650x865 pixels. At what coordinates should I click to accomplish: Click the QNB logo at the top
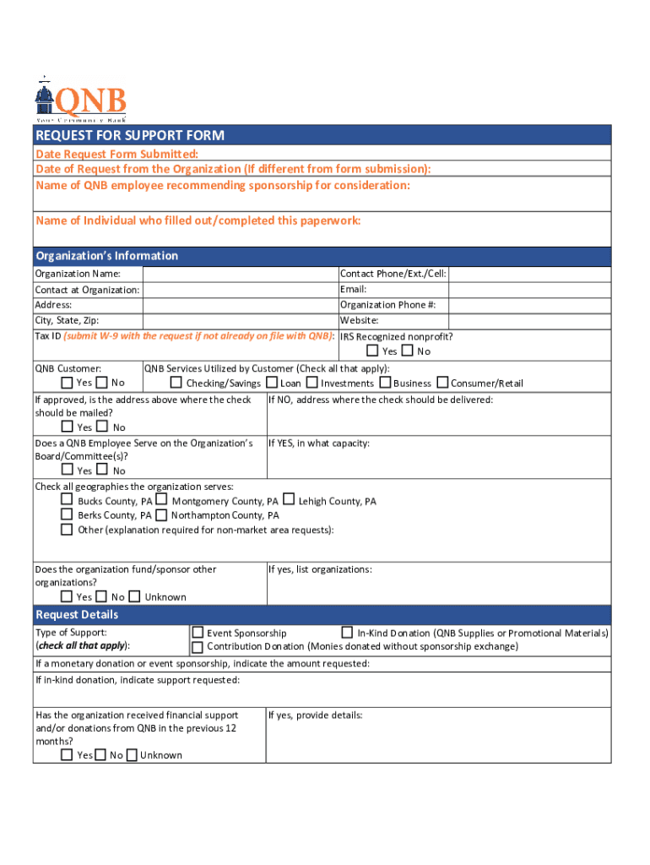tap(81, 101)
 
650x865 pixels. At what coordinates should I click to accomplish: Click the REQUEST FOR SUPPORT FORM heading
tap(129, 136)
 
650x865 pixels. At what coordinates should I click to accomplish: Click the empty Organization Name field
tap(240, 274)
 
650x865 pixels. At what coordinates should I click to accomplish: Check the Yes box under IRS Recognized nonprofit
tap(372, 351)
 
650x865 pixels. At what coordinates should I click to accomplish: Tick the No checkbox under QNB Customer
tap(102, 383)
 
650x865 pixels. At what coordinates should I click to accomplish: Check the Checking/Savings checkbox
tap(176, 383)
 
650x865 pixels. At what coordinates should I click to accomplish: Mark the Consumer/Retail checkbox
tap(442, 383)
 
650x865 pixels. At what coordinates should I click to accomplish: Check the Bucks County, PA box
tap(67, 500)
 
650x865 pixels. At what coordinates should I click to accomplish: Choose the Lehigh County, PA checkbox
tap(289, 500)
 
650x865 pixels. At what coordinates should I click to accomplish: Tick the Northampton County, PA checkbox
tap(161, 514)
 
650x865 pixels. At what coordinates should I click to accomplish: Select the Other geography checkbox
tap(67, 530)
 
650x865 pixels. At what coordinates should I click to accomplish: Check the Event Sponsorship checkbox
tap(198, 632)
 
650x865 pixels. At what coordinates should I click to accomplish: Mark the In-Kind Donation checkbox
tap(347, 632)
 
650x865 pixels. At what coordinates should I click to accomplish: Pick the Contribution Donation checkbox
tap(198, 646)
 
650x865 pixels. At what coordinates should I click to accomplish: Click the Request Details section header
tap(77, 614)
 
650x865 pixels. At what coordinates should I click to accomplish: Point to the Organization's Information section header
tap(106, 256)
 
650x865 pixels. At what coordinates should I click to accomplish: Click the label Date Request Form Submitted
tap(117, 154)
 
